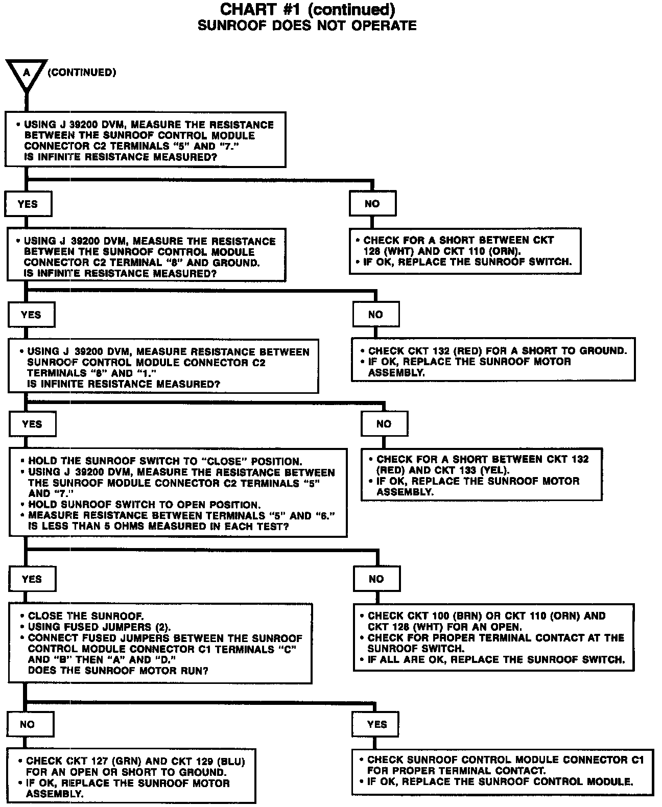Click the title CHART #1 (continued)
pos(307,9)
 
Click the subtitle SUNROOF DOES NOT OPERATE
pos(307,26)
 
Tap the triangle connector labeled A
pos(26,74)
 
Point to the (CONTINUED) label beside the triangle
pos(82,73)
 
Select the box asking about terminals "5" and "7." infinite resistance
pos(146,140)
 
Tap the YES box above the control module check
pos(377,724)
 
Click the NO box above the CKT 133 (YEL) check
pos(384,424)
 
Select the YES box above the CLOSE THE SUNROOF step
pos(32,579)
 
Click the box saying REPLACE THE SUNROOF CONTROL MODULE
pos(502,771)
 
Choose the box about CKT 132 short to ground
pos(493,360)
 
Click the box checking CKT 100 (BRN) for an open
pos(493,637)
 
